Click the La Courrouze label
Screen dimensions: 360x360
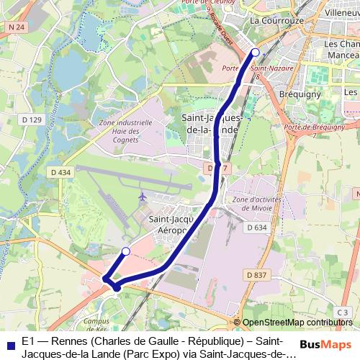pyautogui.click(x=274, y=21)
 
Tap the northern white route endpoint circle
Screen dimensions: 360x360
pyautogui.click(x=255, y=52)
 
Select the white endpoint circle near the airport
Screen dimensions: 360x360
pyautogui.click(x=126, y=251)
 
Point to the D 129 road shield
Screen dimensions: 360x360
pyautogui.click(x=32, y=119)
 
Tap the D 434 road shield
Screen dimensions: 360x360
pyautogui.click(x=61, y=173)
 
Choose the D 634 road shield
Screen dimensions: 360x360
pyautogui.click(x=256, y=228)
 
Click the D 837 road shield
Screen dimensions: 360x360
pyautogui.click(x=256, y=274)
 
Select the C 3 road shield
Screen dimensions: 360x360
pyautogui.click(x=343, y=312)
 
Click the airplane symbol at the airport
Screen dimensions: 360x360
pyautogui.click(x=142, y=196)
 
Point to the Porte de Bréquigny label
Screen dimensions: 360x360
pyautogui.click(x=315, y=127)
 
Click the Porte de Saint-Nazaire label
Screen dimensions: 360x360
pyautogui.click(x=248, y=68)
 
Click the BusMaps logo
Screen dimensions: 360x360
pyautogui.click(x=323, y=345)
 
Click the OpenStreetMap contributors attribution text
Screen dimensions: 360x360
pyautogui.click(x=297, y=323)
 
